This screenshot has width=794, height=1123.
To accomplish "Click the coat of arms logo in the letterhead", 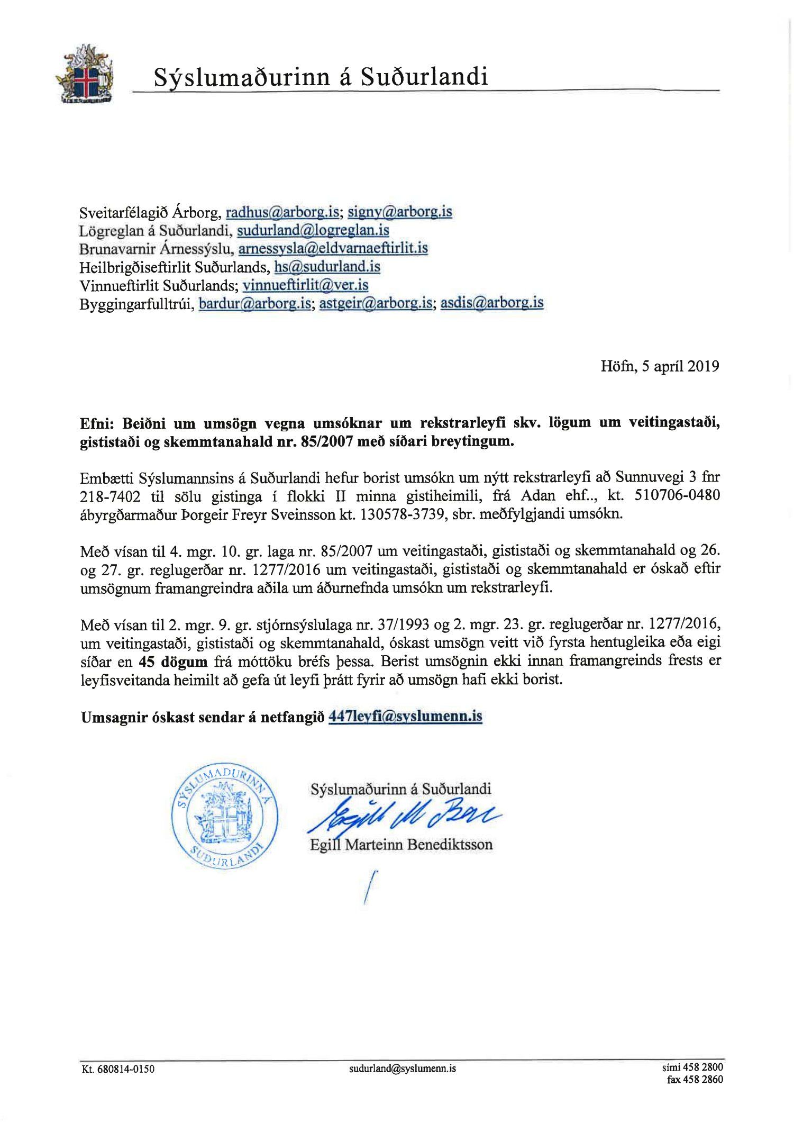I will pos(85,74).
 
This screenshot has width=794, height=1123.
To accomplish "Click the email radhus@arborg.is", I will pos(282,212).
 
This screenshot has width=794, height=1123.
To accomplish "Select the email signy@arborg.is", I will pos(399,212).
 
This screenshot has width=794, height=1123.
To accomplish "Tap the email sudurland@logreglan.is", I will pos(313,230).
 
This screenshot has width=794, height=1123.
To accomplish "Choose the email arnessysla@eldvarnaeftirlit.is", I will pos(333,248).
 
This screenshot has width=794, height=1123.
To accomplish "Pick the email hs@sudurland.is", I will pos(327,267).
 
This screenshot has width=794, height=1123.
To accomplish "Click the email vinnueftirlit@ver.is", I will pos(305,285).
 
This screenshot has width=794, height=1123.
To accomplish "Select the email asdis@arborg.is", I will pos(491,303).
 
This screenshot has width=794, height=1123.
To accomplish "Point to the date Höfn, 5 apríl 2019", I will pos(660,366).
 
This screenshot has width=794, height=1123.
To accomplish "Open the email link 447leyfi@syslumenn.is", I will pos(405,717).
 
